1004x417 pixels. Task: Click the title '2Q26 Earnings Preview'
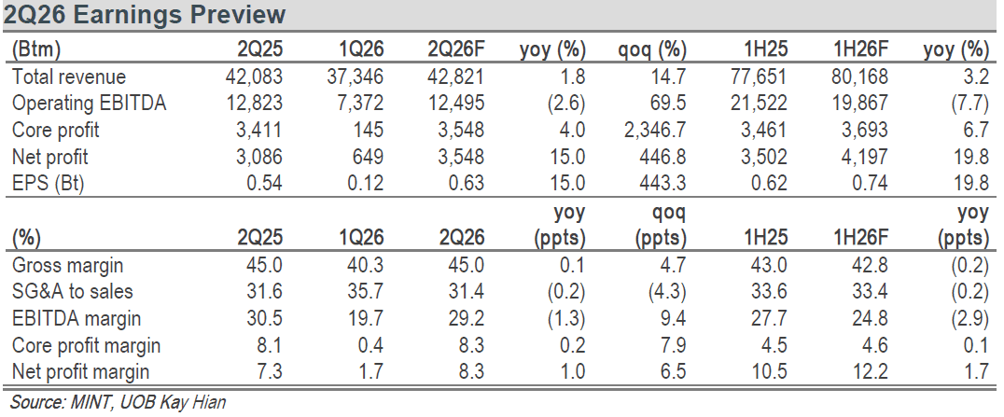tap(144, 14)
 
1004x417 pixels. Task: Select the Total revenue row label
tap(69, 76)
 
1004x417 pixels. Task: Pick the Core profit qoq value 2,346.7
tap(654, 130)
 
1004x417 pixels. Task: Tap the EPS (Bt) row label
tap(49, 184)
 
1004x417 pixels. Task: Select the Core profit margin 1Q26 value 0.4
tap(370, 345)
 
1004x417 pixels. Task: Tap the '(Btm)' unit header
tap(36, 49)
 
